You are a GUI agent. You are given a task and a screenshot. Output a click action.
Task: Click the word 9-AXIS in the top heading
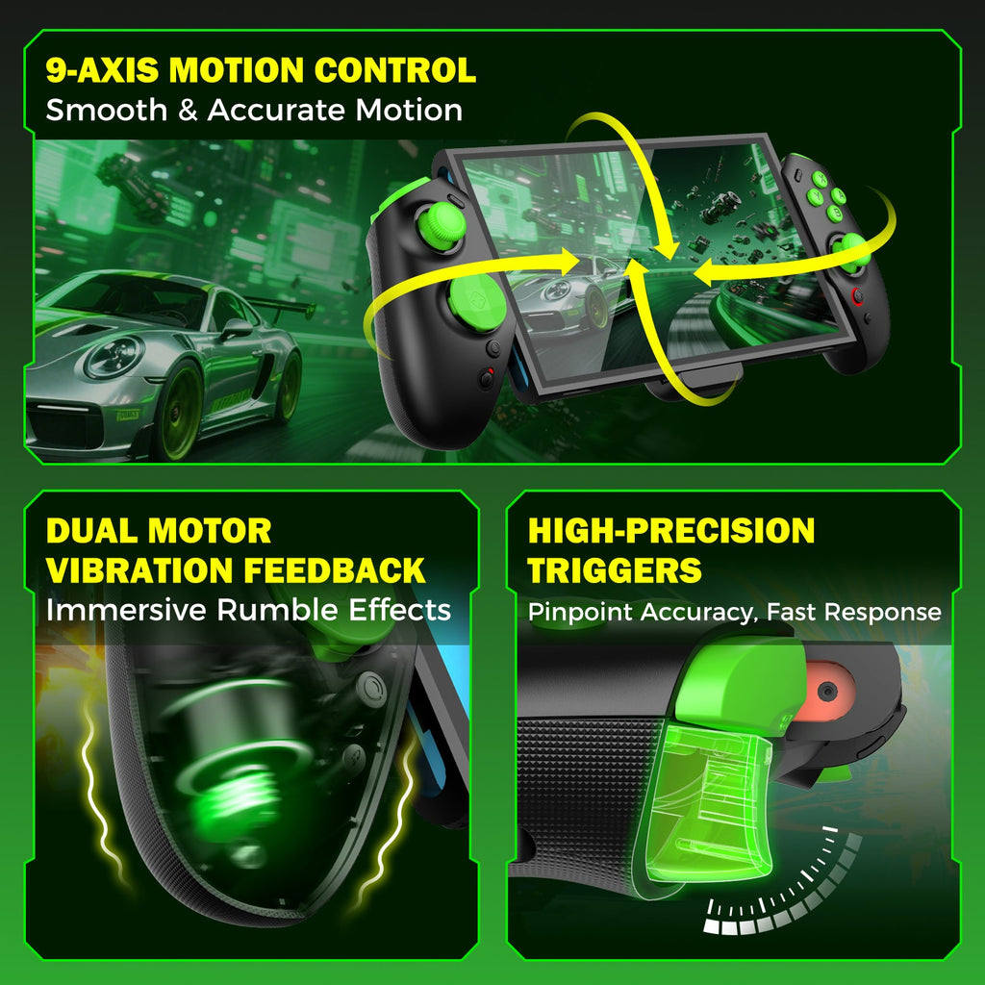102,69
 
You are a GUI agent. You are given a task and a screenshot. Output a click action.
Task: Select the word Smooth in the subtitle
106,110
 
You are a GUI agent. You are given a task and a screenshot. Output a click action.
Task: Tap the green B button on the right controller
835,213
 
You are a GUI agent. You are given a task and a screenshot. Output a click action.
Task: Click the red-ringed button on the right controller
857,294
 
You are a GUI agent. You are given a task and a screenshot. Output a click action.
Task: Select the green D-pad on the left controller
474,301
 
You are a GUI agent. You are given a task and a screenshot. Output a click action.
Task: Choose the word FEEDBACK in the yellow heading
334,570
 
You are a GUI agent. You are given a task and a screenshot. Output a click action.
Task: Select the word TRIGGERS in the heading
615,570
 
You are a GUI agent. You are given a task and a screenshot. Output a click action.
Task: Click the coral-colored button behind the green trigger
827,689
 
